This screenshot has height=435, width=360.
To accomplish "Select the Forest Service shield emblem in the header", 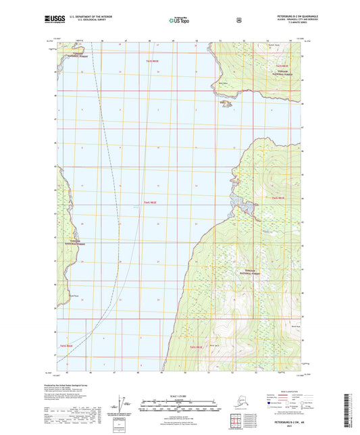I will pyautogui.click(x=238, y=20).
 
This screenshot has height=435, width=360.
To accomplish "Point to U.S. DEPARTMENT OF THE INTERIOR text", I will pyautogui.click(x=88, y=18).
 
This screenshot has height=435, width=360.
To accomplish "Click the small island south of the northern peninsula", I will pyautogui.click(x=226, y=103).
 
